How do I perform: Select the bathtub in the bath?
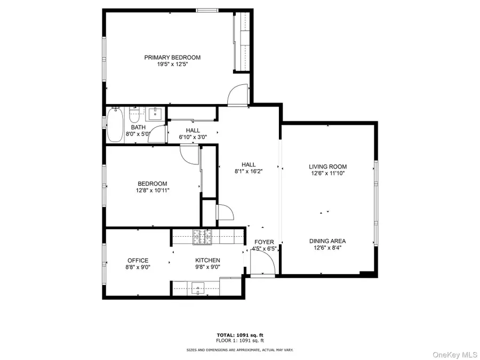point(115,124)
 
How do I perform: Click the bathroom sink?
point(156,113)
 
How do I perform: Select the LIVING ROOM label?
point(327,167)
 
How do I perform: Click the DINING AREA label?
point(327,241)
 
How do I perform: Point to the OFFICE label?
point(138,260)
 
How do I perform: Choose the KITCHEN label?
point(207,260)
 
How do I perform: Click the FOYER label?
point(264,242)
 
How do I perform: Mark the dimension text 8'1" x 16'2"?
point(249,172)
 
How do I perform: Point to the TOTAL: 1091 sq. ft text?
point(239,335)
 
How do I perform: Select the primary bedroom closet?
point(242,42)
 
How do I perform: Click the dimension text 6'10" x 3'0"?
point(193,138)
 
